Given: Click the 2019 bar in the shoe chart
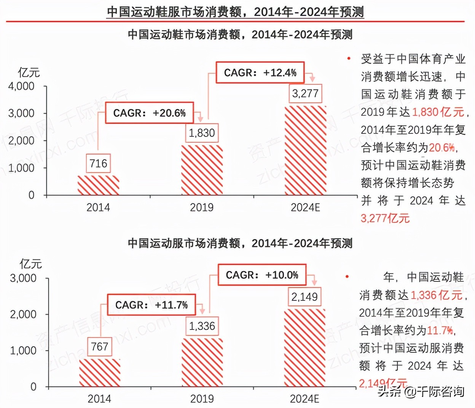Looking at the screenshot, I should (x=202, y=170).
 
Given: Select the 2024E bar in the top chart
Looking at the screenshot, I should (x=305, y=150).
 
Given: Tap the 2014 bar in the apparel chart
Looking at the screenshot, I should (x=100, y=373).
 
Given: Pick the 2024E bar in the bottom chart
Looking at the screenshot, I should (x=304, y=348).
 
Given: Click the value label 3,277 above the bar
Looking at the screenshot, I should (x=305, y=93).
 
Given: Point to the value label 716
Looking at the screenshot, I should (x=98, y=164).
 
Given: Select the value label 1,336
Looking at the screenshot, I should (x=202, y=326).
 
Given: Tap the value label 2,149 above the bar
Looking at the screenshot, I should (x=304, y=297).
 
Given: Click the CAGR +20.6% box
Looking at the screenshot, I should (x=149, y=113).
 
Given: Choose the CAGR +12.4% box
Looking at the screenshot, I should (x=260, y=72).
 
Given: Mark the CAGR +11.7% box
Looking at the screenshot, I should (x=151, y=305).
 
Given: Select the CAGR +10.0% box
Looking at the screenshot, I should (x=262, y=275).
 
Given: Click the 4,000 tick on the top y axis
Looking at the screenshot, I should (x=21, y=86).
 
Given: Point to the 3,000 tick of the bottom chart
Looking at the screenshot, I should (x=23, y=278).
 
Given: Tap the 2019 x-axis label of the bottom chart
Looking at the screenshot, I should (x=202, y=399).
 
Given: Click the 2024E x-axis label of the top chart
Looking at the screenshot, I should (x=305, y=207).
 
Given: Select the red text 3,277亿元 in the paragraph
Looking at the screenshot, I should (x=385, y=218).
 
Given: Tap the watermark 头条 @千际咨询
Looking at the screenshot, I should (x=421, y=392).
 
